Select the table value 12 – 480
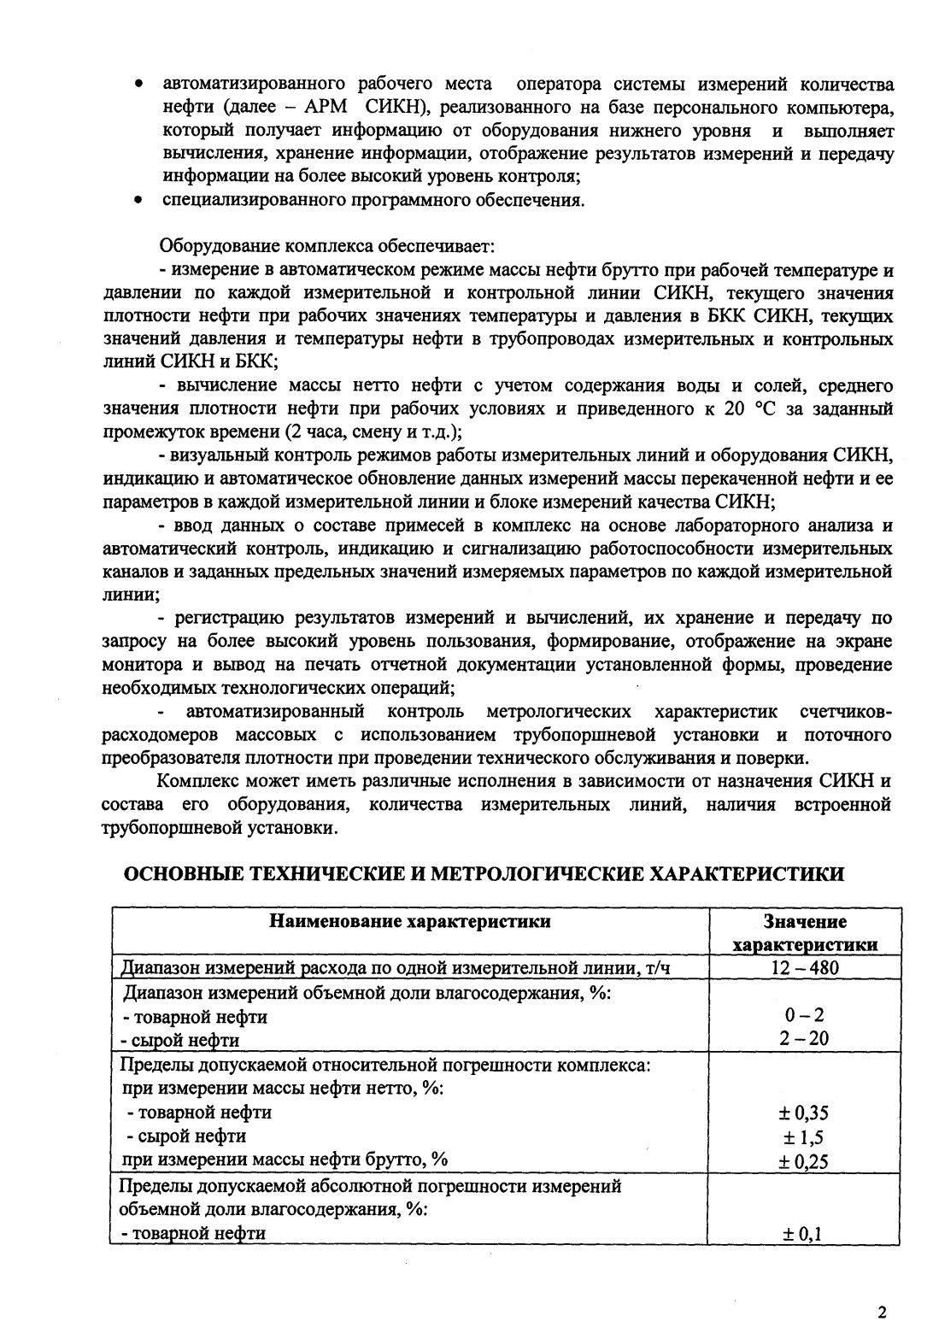click(805, 967)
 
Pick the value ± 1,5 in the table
click(805, 1137)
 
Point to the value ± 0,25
click(805, 1161)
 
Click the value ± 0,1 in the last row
click(805, 1234)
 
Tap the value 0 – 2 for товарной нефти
click(805, 1016)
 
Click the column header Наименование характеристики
click(410, 921)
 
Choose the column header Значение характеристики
click(805, 933)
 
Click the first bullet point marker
click(138, 85)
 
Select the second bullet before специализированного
click(138, 202)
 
